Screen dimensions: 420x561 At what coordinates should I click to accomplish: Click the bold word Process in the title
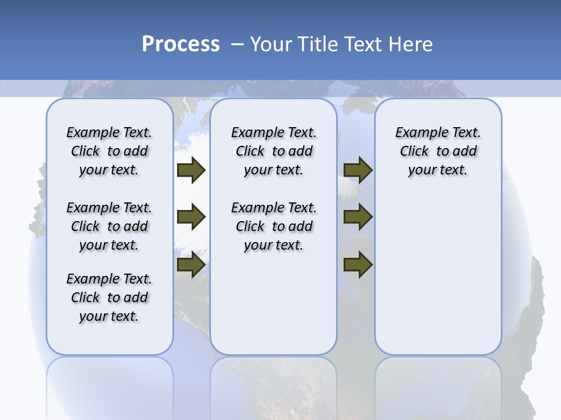point(181,44)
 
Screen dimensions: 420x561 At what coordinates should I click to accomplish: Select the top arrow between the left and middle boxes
point(191,170)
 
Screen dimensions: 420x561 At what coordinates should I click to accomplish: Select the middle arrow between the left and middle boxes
point(191,218)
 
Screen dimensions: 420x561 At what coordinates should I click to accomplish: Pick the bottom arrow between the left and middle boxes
point(191,265)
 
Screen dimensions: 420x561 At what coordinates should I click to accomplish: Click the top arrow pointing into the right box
point(358,170)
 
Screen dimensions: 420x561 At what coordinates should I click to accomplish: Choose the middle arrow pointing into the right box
point(358,218)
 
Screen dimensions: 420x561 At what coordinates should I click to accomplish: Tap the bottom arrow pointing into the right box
point(358,265)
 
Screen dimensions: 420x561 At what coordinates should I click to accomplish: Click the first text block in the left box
point(109,151)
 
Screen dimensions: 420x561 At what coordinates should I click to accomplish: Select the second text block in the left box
point(109,226)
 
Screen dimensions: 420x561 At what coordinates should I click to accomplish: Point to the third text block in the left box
point(109,297)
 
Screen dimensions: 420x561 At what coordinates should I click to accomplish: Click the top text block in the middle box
point(274,151)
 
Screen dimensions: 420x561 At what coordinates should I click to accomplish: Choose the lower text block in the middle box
point(274,226)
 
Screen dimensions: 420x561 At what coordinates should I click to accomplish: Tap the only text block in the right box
point(438,151)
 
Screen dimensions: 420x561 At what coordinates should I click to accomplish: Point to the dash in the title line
point(237,44)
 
